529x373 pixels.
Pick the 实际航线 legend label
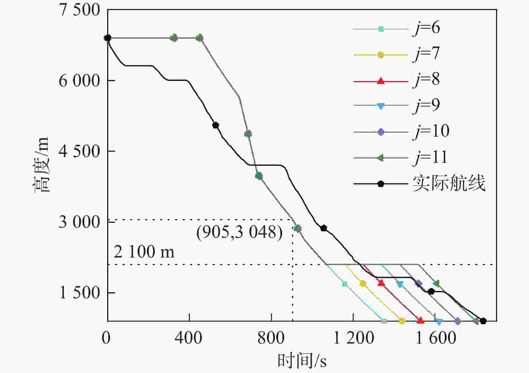(x=449, y=183)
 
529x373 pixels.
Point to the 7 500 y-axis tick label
(x=80, y=10)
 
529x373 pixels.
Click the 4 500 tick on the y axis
(x=80, y=151)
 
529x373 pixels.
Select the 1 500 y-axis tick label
(x=80, y=293)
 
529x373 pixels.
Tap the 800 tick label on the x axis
(x=271, y=338)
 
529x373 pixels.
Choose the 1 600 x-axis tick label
(x=435, y=338)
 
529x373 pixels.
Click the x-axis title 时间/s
(x=302, y=360)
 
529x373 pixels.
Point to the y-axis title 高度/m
(x=41, y=165)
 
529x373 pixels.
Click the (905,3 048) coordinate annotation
(x=239, y=232)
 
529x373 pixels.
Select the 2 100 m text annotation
(x=144, y=252)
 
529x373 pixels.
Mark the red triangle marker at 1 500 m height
(x=381, y=283)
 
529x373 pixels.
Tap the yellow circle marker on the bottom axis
(x=401, y=321)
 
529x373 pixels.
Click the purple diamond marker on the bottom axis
(x=457, y=321)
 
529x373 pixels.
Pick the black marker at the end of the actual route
(x=483, y=321)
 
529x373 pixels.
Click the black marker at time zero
(x=108, y=38)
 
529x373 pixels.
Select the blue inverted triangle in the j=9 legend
(x=381, y=106)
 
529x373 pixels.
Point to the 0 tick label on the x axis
(x=106, y=338)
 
